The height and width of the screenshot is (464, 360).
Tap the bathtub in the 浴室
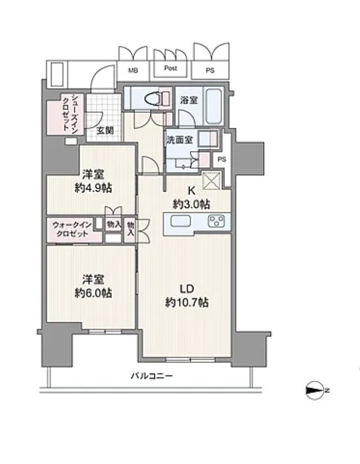pyautogui.click(x=214, y=105)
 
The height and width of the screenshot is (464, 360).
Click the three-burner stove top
pyautogui.click(x=216, y=221)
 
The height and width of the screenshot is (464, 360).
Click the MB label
pyautogui.click(x=133, y=71)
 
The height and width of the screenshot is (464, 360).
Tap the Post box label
pyautogui.click(x=171, y=68)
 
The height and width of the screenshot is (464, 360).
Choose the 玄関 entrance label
pyautogui.click(x=105, y=131)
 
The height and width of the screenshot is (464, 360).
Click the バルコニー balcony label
pyautogui.click(x=152, y=376)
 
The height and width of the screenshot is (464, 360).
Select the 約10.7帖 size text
pyautogui.click(x=187, y=303)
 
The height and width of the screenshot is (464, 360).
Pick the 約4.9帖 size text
pyautogui.click(x=94, y=188)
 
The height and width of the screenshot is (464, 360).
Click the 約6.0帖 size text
pyautogui.click(x=93, y=293)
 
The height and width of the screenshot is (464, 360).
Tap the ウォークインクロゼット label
pyautogui.click(x=72, y=229)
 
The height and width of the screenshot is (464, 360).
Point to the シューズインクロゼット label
pyautogui.click(x=70, y=113)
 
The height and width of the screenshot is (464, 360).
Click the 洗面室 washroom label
pyautogui.click(x=180, y=140)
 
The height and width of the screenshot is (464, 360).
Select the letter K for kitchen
pyautogui.click(x=192, y=191)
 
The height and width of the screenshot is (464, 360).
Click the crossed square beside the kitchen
pyautogui.click(x=211, y=181)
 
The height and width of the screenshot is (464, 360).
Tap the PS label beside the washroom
pyautogui.click(x=222, y=159)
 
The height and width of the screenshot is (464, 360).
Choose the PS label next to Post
pyautogui.click(x=210, y=70)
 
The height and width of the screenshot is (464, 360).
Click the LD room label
pyautogui.click(x=187, y=288)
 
